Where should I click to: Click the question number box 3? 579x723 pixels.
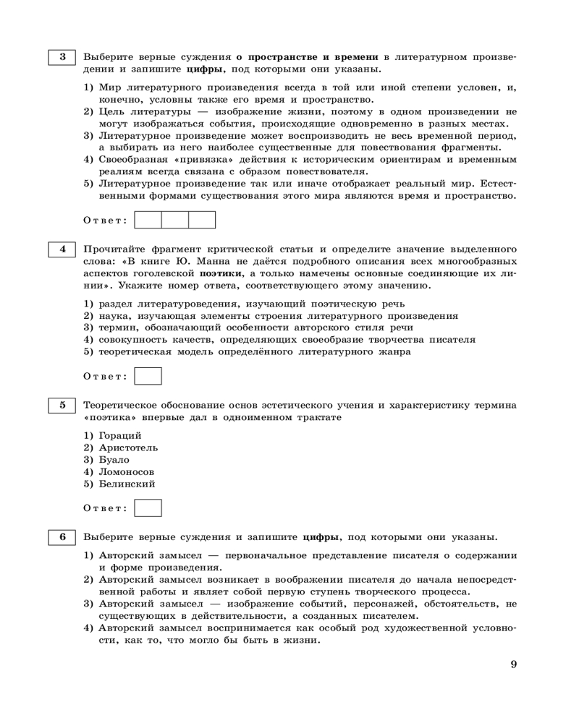(62, 56)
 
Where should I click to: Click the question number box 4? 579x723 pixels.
(62, 249)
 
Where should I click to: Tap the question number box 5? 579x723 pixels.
(62, 405)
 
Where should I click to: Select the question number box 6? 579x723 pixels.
(62, 536)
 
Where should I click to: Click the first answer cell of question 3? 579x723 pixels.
(148, 220)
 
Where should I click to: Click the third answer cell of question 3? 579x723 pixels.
(202, 220)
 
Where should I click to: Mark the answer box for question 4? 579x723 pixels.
(148, 376)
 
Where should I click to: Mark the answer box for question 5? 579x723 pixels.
(148, 508)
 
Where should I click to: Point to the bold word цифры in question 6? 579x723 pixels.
(322, 537)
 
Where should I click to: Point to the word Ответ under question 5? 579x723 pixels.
(106, 508)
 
